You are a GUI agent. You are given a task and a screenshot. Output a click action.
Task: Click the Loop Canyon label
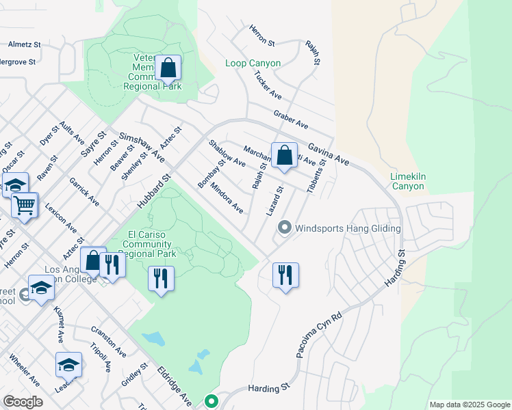[x=253, y=64]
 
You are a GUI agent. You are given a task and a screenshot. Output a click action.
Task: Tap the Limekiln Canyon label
[x=408, y=181]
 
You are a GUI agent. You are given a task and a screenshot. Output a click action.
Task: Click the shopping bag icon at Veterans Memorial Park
[x=167, y=68]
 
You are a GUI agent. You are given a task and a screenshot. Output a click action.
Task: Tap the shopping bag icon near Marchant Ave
[x=283, y=155]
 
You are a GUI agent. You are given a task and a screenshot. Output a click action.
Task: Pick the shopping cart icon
[x=24, y=204]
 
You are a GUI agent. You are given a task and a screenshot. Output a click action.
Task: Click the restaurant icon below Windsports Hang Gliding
[x=285, y=275]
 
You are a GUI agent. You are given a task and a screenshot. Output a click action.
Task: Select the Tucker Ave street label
[x=268, y=86]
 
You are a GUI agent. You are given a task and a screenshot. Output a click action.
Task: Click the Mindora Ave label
[x=227, y=197]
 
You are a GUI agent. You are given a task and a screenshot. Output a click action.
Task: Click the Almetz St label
[x=25, y=44]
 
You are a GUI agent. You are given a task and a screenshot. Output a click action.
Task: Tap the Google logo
[x=23, y=401]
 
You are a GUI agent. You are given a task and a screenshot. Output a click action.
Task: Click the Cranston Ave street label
[x=108, y=341]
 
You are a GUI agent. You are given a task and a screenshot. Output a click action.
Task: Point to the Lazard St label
[x=274, y=202]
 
